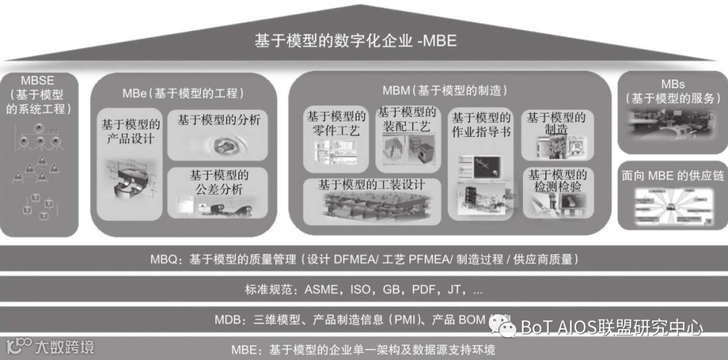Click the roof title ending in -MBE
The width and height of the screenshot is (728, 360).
(x=355, y=40)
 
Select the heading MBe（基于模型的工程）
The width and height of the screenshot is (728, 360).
(x=183, y=93)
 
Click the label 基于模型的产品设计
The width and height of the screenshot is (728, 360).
(x=131, y=131)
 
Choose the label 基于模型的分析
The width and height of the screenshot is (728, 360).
(x=219, y=121)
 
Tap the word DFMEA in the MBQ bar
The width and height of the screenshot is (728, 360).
(x=353, y=259)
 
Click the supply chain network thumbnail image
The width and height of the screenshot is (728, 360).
(x=671, y=205)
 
